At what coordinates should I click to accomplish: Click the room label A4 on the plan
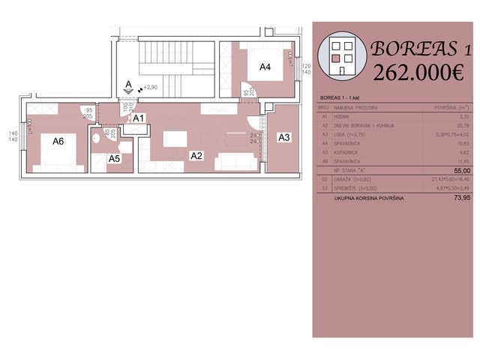265,67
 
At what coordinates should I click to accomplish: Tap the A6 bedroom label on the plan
58,139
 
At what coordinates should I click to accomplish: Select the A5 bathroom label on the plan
113,159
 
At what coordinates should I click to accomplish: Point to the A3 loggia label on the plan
284,137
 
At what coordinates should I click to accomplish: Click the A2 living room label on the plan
196,156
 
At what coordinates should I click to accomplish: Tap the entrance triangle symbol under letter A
130,91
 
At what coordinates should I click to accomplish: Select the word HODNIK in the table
343,116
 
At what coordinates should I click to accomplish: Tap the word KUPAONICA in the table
348,151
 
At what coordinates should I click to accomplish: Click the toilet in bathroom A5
96,139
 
